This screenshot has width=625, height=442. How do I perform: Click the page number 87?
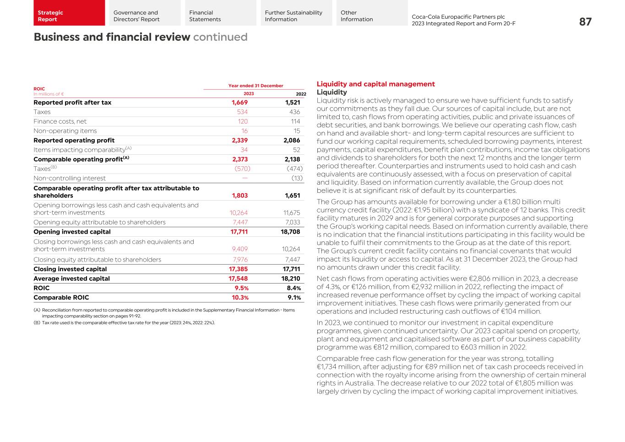coord(585,22)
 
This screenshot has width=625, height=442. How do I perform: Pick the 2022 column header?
coord(300,94)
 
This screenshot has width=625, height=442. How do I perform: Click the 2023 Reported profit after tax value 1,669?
coord(239,103)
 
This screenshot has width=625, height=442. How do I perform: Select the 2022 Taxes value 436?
coord(294,112)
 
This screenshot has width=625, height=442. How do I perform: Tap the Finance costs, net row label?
coord(60,121)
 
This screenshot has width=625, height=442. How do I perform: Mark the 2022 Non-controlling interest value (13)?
coord(296,178)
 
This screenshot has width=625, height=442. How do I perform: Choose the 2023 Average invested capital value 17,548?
coord(238,278)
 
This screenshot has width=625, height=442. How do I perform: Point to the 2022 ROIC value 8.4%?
coord(293,288)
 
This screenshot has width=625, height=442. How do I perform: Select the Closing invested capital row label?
coord(70,269)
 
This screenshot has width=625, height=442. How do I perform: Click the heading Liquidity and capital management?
coord(375,84)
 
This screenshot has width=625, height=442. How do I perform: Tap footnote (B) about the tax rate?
coord(124,322)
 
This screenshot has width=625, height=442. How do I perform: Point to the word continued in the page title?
coord(220,37)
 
